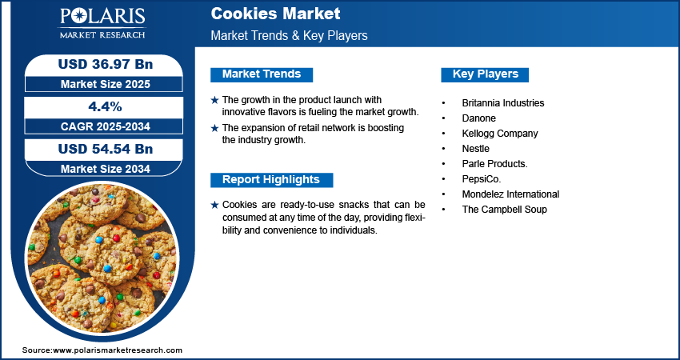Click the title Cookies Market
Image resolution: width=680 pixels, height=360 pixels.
click(x=275, y=14)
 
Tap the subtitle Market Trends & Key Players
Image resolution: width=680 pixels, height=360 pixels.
click(x=289, y=36)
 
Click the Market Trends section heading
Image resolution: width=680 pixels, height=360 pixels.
click(x=262, y=74)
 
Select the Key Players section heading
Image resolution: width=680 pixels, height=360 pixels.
click(x=485, y=74)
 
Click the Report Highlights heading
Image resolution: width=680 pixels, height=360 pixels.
click(x=270, y=180)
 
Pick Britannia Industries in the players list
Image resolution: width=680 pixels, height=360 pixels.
click(x=502, y=103)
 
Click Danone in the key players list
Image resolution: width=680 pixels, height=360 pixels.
click(x=478, y=118)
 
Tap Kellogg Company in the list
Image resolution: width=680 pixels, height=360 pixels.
click(x=499, y=134)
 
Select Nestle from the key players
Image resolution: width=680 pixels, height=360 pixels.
click(x=475, y=149)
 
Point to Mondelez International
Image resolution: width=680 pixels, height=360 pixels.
click(x=510, y=194)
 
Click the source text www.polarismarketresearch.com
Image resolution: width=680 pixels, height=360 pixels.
click(x=118, y=350)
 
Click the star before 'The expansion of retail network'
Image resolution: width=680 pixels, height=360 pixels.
click(x=214, y=128)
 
